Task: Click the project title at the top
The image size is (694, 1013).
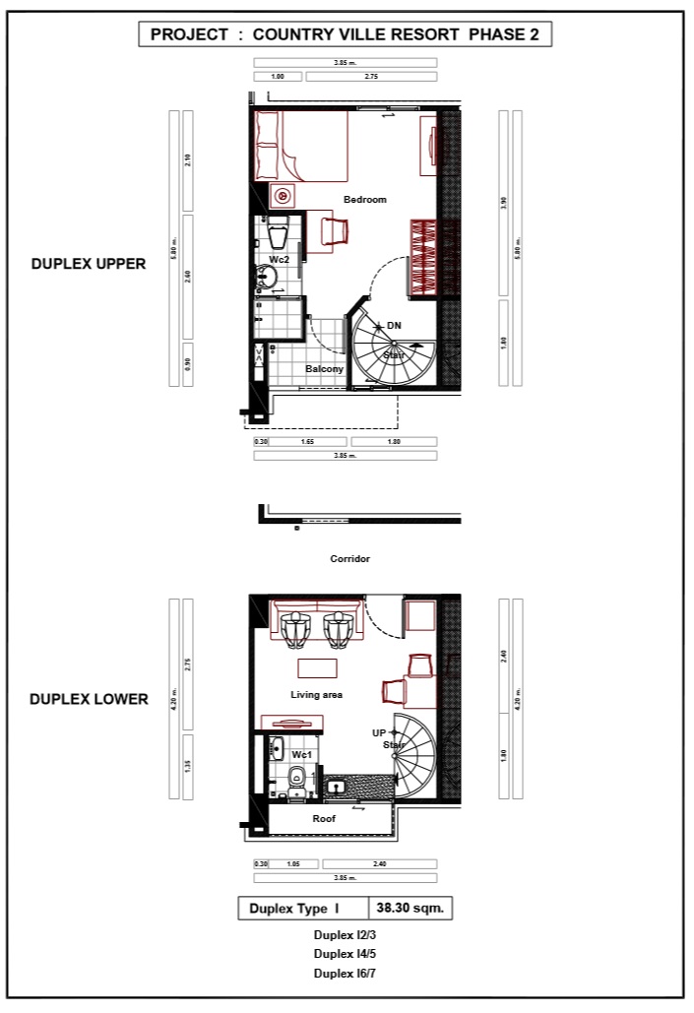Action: [x=345, y=34]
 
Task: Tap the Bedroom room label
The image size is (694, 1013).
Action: [x=365, y=200]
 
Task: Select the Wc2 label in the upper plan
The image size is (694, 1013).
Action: [x=279, y=260]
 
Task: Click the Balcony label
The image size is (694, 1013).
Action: [x=324, y=369]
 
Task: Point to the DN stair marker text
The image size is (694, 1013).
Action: [x=394, y=325]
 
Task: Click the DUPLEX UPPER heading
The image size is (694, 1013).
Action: [x=89, y=264]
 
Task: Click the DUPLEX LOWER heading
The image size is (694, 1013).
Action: [x=89, y=700]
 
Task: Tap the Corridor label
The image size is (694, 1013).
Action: [x=349, y=558]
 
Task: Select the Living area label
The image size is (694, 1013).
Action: [x=316, y=695]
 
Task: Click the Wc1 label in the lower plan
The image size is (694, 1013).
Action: [x=302, y=755]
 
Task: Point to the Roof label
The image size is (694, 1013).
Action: [x=324, y=818]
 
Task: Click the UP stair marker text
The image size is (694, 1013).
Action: [x=379, y=732]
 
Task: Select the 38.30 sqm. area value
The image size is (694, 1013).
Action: [x=410, y=909]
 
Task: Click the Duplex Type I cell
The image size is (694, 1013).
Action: [x=294, y=909]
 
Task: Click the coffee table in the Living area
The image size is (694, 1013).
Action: [x=317, y=667]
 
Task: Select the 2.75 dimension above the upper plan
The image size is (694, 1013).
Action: [x=371, y=76]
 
